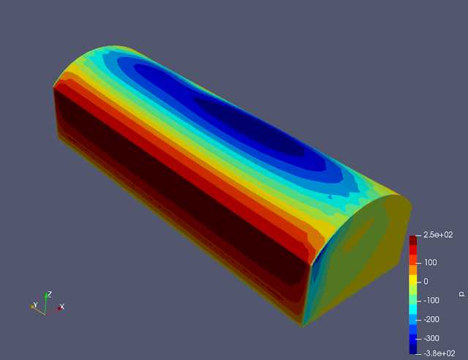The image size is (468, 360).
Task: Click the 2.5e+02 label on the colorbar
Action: click(438, 235)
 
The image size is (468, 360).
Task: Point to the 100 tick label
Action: click(431, 263)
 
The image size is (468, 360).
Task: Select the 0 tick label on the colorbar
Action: click(426, 282)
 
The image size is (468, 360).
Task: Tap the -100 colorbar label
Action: click(431, 301)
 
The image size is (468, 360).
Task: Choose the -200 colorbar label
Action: click(431, 319)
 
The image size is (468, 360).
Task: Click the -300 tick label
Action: click(431, 339)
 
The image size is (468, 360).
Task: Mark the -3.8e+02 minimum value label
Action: click(439, 353)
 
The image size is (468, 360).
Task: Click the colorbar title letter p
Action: click(462, 294)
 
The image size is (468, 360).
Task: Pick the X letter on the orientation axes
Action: click(62, 307)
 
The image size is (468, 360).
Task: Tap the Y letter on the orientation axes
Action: click(35, 305)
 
